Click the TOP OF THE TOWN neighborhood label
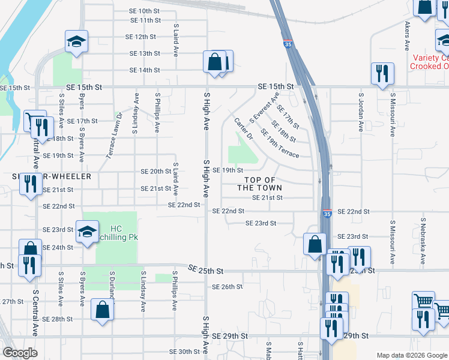point(259,184)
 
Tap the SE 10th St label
point(145,11)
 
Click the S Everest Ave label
point(264,107)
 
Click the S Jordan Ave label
point(361,112)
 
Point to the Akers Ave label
point(407,37)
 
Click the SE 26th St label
point(227,287)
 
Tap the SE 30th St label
point(184,352)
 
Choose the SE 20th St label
point(156,171)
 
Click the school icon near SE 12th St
point(76,41)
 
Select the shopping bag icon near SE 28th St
point(103,310)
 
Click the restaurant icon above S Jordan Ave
point(382,74)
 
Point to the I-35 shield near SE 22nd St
point(327,213)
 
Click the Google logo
point(20,353)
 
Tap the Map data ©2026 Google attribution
point(411,355)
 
